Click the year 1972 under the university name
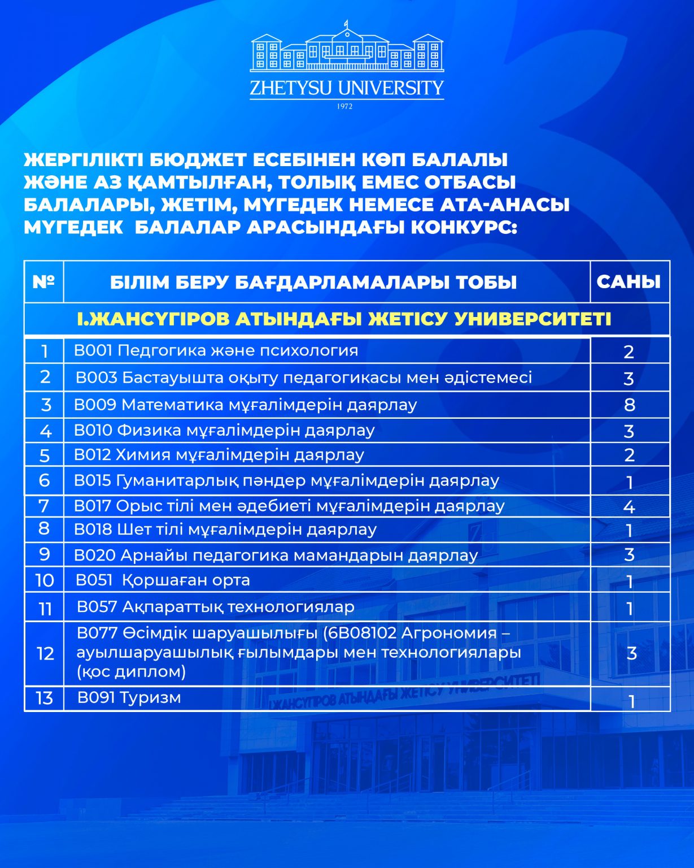[x=344, y=106]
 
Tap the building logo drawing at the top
[x=347, y=50]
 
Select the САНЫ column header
[x=628, y=282]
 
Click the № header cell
[x=43, y=282]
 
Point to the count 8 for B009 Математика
[x=630, y=405]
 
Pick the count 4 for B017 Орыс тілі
[x=629, y=506]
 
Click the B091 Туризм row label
[x=129, y=698]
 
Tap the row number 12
[x=45, y=654]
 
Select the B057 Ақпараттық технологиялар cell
[x=216, y=607]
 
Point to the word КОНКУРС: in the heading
[x=464, y=227]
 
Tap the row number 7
[x=44, y=506]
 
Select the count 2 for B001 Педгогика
[x=629, y=352]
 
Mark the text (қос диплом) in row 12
[x=132, y=672]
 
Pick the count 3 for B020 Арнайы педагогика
[x=629, y=554]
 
